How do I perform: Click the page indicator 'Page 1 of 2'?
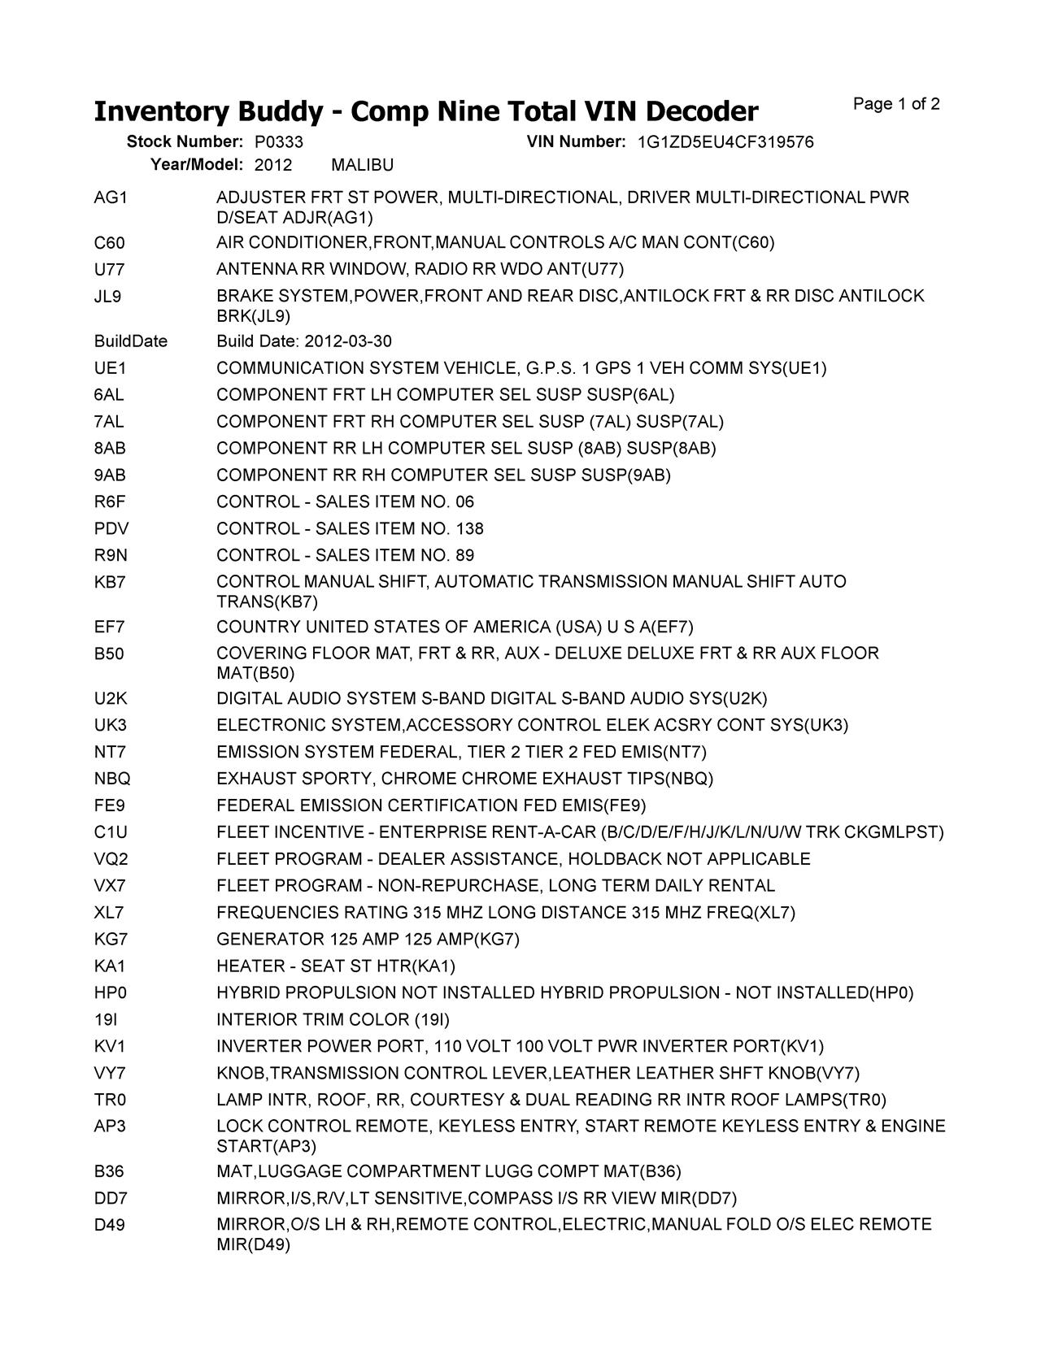point(896,104)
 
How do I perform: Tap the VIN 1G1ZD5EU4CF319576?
point(725,142)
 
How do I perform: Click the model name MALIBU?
point(363,166)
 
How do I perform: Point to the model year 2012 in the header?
point(273,166)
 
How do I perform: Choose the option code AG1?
point(111,198)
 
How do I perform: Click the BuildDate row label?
point(131,341)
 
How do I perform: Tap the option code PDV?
point(111,529)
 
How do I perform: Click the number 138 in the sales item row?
point(469,529)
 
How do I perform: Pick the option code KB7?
point(110,582)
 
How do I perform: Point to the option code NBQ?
point(112,779)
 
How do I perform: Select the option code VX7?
point(110,886)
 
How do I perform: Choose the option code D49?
point(110,1225)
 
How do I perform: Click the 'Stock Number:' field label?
point(185,142)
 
